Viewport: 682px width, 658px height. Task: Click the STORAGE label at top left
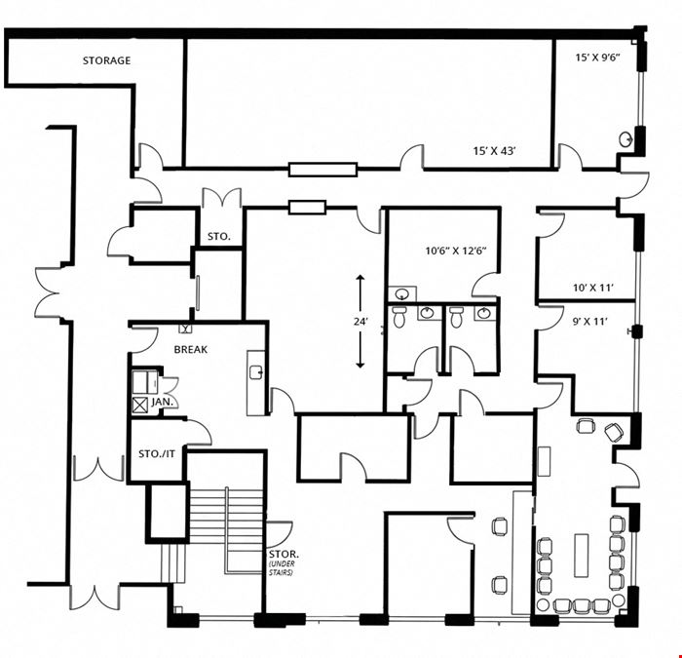[x=106, y=60]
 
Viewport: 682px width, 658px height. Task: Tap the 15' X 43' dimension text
[x=495, y=151]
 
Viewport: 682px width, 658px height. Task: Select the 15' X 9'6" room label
[x=597, y=58]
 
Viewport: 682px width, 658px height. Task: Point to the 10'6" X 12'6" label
[x=455, y=251]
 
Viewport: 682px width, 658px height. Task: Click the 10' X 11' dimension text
[x=593, y=288]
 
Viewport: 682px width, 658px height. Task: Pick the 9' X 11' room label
[x=589, y=322]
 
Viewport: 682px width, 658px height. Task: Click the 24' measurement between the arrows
[x=360, y=322]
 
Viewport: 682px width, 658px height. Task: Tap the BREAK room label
[x=191, y=349]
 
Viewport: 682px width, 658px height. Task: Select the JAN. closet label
[x=162, y=402]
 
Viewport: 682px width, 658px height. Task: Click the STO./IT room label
[x=157, y=454]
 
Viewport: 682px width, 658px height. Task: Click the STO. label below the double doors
[x=219, y=237]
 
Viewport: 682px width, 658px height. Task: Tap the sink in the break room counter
[x=256, y=372]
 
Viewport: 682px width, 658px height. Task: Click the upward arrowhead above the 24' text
[x=360, y=279]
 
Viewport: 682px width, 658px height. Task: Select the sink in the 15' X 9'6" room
[x=625, y=139]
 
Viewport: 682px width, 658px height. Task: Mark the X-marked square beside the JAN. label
[x=140, y=406]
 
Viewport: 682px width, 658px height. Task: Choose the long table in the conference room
[x=581, y=556]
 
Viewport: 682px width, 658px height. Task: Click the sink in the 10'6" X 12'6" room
[x=402, y=294]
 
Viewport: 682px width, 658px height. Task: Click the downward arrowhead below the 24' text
[x=360, y=365]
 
